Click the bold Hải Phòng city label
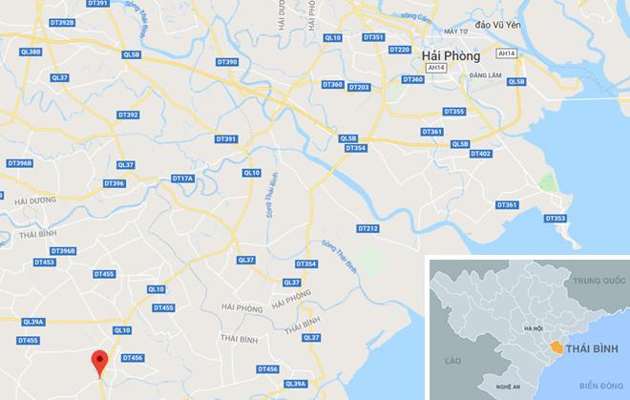451,57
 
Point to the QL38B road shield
30,52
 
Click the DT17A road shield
182,179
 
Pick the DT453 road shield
43,262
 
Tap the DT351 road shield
373,36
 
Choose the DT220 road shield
400,49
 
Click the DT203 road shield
359,87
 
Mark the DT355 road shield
454,112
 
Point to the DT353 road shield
556,219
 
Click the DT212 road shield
367,228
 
